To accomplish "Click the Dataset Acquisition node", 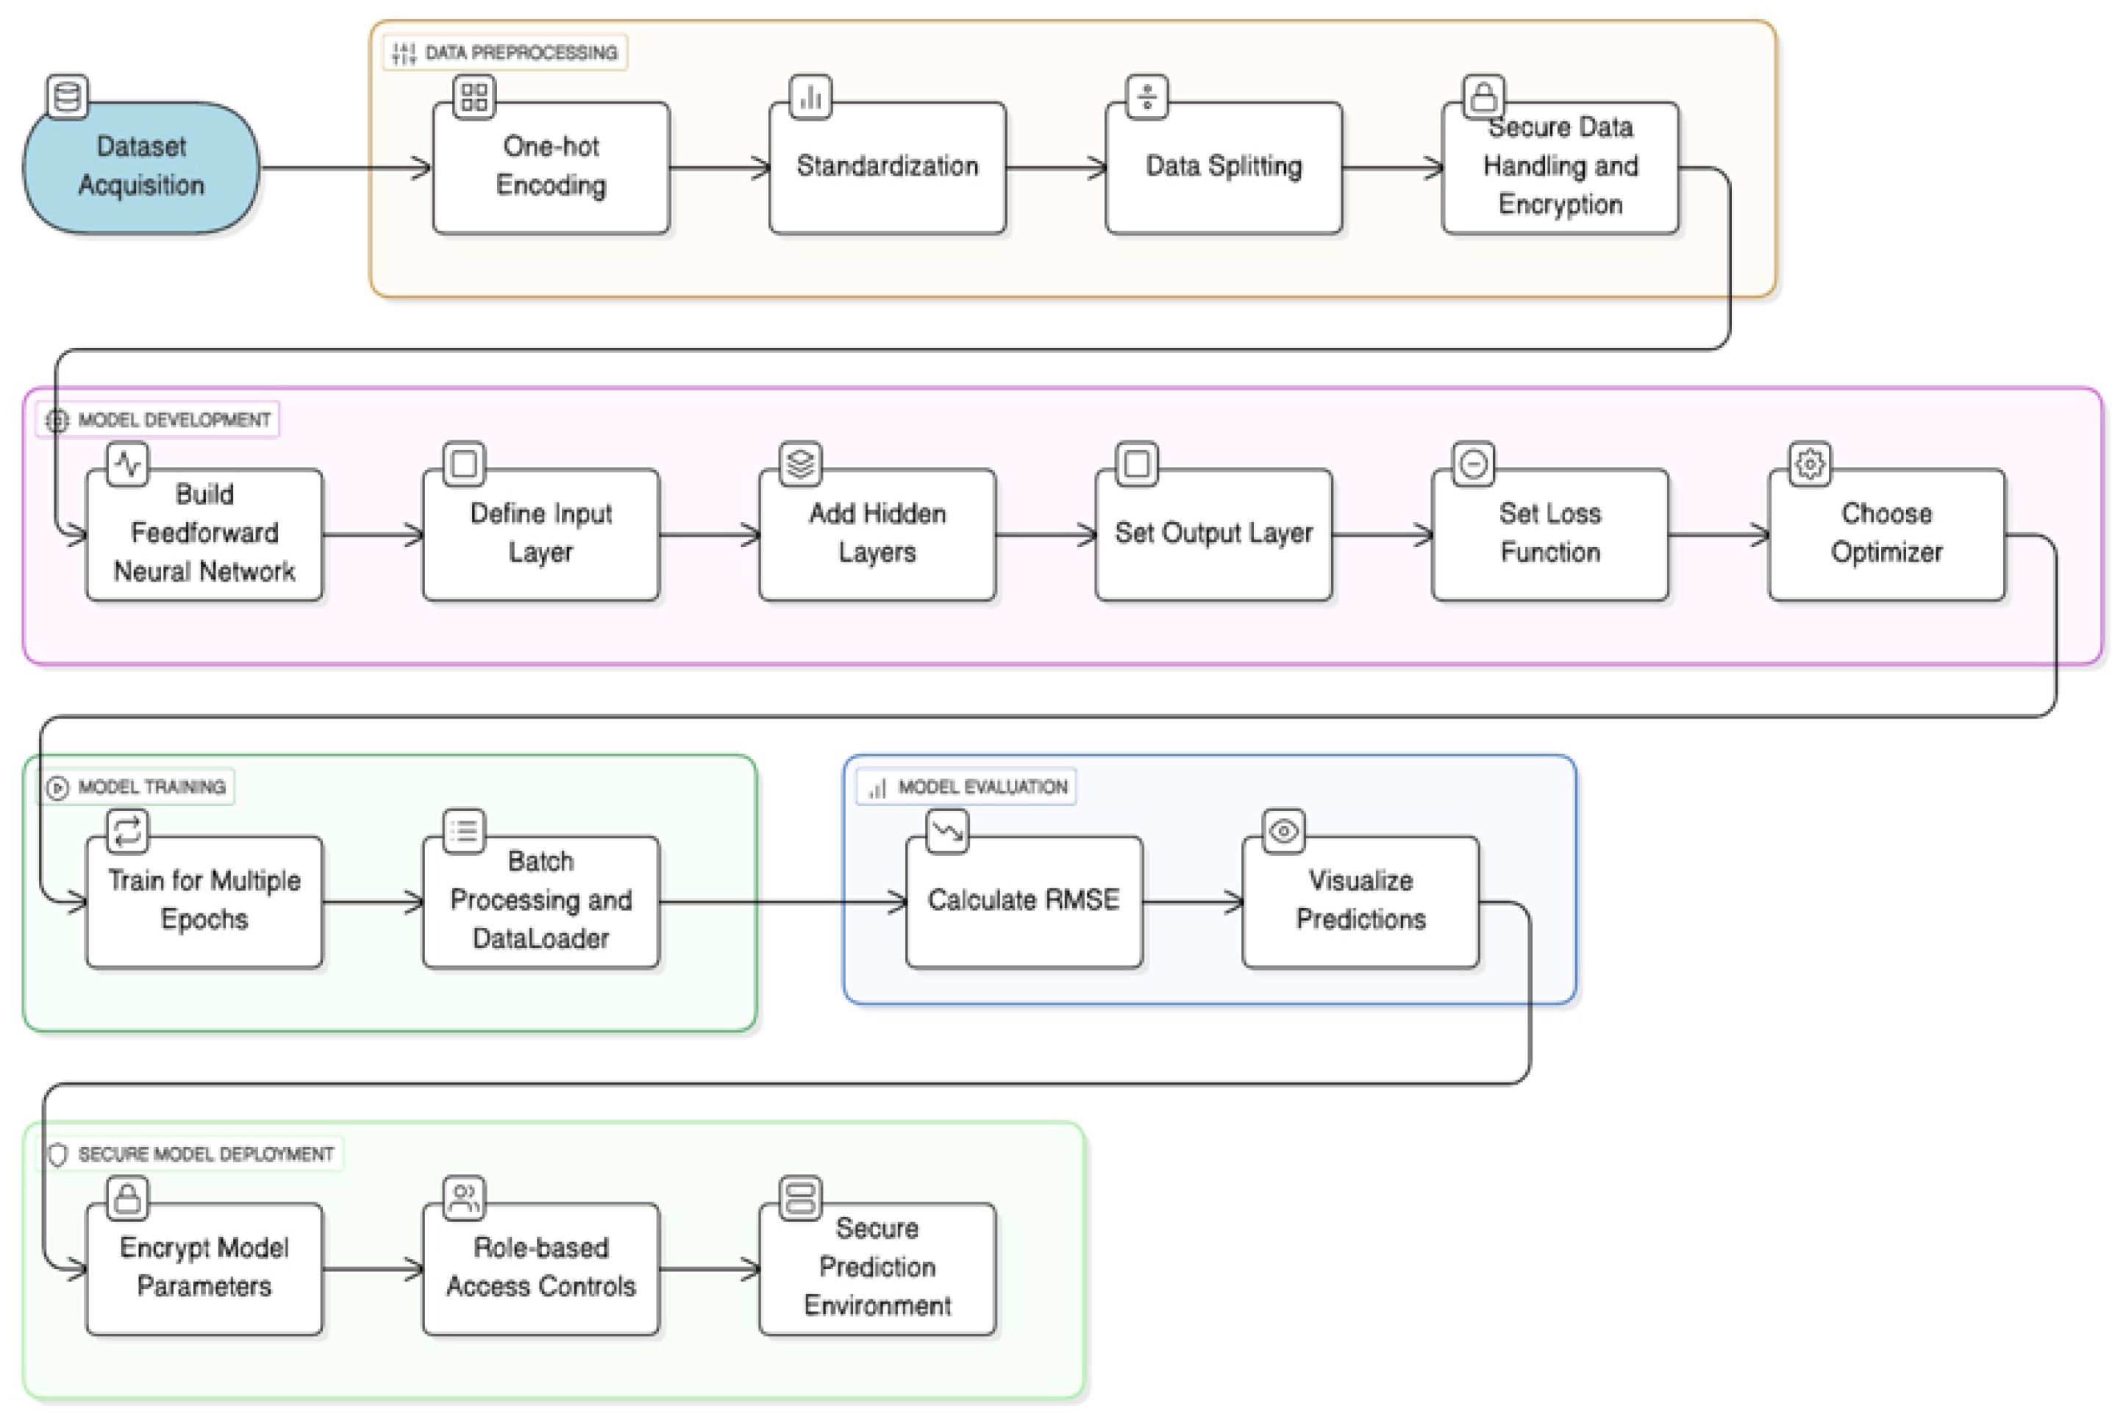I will click(141, 168).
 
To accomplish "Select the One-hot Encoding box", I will click(550, 168).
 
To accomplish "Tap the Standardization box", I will click(886, 168).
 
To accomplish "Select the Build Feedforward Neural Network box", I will click(204, 535).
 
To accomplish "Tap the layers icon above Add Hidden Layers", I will click(800, 463).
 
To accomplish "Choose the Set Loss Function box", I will click(1549, 535).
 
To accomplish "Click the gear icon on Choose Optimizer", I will click(1809, 463).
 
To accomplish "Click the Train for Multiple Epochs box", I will click(204, 902).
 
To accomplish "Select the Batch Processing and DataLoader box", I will click(541, 902).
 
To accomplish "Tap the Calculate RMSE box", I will click(1023, 902).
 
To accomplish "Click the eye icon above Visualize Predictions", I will click(1283, 831).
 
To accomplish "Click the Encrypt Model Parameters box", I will click(204, 1268).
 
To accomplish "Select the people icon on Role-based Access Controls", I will click(463, 1198).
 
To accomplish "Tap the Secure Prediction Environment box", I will click(877, 1268).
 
